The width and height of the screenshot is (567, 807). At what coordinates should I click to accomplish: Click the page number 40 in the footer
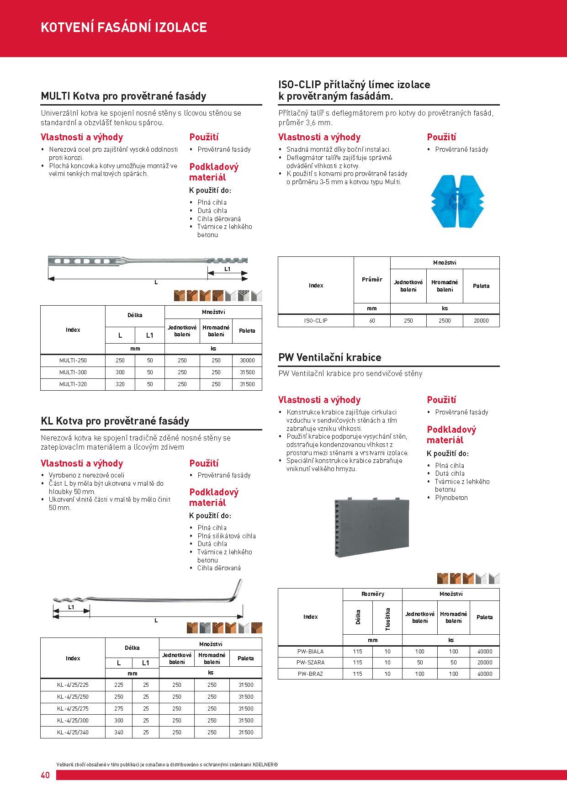(45, 775)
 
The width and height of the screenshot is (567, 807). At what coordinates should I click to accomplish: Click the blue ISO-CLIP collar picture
(457, 201)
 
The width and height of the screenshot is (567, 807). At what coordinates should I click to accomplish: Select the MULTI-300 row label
(73, 372)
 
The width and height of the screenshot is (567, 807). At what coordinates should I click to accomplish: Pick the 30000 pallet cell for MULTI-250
(247, 361)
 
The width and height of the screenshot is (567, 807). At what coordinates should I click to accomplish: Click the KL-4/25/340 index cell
(73, 732)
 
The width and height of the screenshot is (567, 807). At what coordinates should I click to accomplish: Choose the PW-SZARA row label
(311, 662)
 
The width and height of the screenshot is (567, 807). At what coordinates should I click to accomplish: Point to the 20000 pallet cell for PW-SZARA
(485, 662)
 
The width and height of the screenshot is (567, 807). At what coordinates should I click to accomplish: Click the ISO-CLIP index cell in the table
(316, 321)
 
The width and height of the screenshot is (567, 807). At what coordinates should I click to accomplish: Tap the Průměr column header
(372, 279)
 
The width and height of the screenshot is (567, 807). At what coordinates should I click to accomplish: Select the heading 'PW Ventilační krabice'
(329, 357)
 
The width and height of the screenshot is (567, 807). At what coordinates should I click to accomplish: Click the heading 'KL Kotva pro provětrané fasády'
(115, 421)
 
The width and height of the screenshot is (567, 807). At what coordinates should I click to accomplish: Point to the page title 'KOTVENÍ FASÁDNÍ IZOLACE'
(124, 27)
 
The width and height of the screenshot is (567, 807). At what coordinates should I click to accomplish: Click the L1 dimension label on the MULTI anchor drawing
(228, 269)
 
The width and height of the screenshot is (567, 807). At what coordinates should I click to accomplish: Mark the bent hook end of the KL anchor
(238, 589)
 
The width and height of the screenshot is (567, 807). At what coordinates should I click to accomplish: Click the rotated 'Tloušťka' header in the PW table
(387, 619)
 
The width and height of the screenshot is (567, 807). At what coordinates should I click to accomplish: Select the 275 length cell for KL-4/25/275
(119, 708)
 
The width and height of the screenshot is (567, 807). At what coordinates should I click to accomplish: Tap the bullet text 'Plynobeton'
(451, 498)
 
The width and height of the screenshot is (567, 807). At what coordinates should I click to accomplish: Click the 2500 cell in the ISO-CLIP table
(445, 321)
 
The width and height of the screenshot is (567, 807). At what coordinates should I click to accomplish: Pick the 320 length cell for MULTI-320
(120, 384)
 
